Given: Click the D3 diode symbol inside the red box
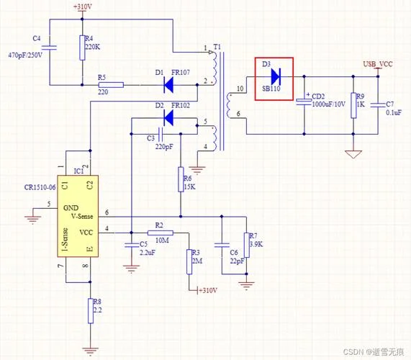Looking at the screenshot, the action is pyautogui.click(x=276, y=76).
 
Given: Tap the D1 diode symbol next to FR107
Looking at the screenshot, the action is pyautogui.click(x=168, y=85).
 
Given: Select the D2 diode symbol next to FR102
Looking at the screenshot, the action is pyautogui.click(x=168, y=118).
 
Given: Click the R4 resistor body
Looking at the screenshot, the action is pyautogui.click(x=82, y=48).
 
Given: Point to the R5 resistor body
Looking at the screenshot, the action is pyautogui.click(x=111, y=85).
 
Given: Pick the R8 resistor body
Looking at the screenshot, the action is pyautogui.click(x=91, y=311).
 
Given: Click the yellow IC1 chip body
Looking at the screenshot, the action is pyautogui.click(x=78, y=216).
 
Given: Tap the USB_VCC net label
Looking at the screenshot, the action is pyautogui.click(x=378, y=64).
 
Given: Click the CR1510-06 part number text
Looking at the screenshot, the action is pyautogui.click(x=40, y=187).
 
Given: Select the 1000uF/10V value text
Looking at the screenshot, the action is pyautogui.click(x=329, y=104).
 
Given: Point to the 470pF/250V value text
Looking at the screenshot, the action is pyautogui.click(x=25, y=55).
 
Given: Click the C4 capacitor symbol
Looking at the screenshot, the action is pyautogui.click(x=49, y=48).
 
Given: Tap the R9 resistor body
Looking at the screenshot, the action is pyautogui.click(x=353, y=105).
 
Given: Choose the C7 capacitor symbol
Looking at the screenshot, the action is pyautogui.click(x=378, y=105).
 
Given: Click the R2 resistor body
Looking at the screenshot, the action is pyautogui.click(x=161, y=233).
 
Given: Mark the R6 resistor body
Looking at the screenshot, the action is pyautogui.click(x=181, y=179).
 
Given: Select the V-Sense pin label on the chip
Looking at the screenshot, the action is pyautogui.click(x=82, y=216).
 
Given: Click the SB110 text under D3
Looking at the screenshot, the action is pyautogui.click(x=271, y=89).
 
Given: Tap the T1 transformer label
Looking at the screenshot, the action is pyautogui.click(x=217, y=48).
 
